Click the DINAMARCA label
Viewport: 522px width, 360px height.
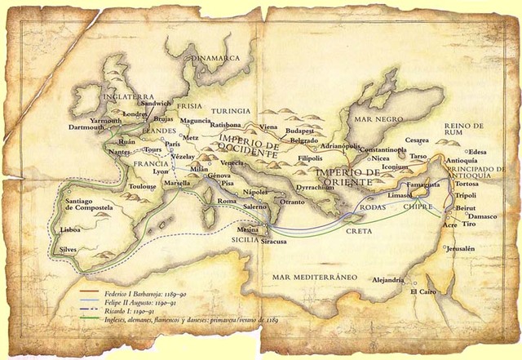point(216,59)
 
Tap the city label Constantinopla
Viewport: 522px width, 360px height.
point(379,150)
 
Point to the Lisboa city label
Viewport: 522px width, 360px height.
point(71,231)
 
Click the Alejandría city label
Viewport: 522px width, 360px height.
point(388,280)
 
